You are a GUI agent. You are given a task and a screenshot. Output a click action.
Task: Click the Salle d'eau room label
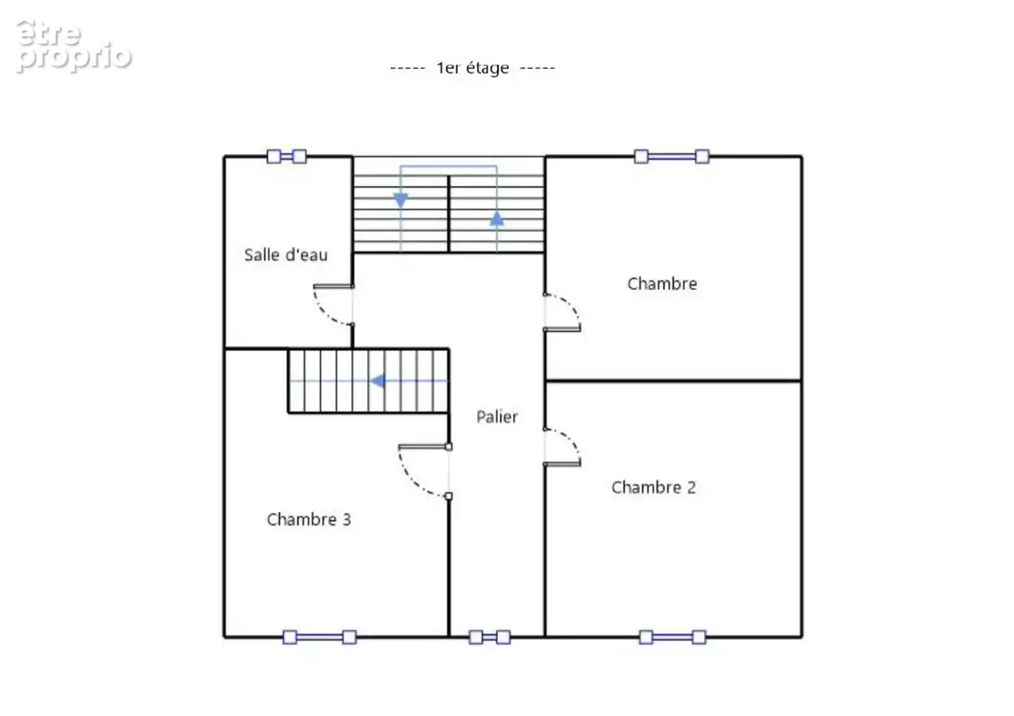[x=286, y=254]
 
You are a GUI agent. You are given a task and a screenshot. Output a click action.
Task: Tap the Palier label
[x=496, y=417]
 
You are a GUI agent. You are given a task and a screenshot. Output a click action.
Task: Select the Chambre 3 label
[x=308, y=520]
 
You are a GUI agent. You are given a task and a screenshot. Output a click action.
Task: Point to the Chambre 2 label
[x=654, y=487]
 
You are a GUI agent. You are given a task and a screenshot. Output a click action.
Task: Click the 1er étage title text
[x=473, y=68]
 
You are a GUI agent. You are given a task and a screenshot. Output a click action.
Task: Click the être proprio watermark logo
[x=73, y=45]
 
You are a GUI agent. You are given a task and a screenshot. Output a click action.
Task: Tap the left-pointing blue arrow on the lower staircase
[x=378, y=381]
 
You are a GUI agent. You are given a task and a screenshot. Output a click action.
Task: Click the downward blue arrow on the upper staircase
[x=401, y=200]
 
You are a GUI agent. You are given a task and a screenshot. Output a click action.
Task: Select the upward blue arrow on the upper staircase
[x=496, y=219]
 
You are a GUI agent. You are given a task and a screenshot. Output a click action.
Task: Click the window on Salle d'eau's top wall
[x=287, y=157]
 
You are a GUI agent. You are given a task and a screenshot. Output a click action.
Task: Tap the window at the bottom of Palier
[x=490, y=637]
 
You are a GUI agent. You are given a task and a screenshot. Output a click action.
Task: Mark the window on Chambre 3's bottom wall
[x=320, y=637]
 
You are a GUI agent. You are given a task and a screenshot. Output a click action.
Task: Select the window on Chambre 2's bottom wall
[x=673, y=637]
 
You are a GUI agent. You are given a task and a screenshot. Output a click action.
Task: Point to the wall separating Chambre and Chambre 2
[x=674, y=380]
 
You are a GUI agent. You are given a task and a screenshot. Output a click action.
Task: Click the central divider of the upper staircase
[x=449, y=214]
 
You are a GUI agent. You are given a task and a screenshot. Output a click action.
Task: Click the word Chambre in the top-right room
[x=662, y=284]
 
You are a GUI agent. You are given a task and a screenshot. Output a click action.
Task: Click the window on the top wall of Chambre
[x=672, y=157]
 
